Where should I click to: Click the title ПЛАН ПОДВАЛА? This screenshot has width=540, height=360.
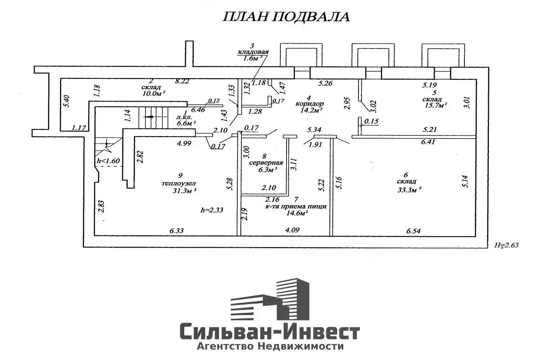tap(286, 17)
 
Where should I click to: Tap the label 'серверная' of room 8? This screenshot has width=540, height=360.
tap(266, 163)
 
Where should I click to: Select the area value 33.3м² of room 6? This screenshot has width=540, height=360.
tap(409, 190)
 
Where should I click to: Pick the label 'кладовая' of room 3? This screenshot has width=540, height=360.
tap(253, 52)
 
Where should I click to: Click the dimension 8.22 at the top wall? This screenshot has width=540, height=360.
tap(182, 82)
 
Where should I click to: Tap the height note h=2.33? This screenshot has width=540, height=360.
tap(212, 210)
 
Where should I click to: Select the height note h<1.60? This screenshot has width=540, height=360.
tap(108, 161)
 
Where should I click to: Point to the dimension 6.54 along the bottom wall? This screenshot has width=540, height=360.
tap(413, 231)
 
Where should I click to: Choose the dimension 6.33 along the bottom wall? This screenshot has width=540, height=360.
tap(176, 231)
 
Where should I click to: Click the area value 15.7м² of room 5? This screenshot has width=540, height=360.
tap(435, 105)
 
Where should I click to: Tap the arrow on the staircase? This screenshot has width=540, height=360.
tap(149, 117)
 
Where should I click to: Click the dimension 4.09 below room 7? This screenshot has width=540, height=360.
tap(292, 230)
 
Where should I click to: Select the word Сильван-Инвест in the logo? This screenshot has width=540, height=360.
tap(270, 332)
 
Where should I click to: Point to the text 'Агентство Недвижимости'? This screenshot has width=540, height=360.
tap(270, 346)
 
